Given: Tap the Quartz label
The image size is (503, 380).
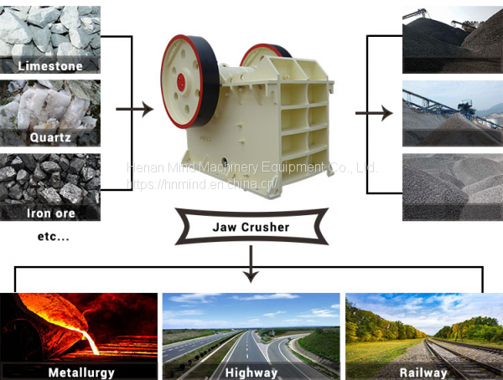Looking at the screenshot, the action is pos(49,137).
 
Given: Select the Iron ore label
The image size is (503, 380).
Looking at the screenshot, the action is pos(49,213).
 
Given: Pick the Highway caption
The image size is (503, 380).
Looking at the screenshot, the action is pos(251,371).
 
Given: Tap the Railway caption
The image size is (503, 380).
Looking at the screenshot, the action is pos(423,371).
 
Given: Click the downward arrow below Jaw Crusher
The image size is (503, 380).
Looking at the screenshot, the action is pos(251,267).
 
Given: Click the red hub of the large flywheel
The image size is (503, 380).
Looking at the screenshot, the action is pos(181,80).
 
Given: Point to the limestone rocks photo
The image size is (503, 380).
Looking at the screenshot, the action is pos(49,29).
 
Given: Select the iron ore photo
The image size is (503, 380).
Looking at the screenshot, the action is pos(49,177).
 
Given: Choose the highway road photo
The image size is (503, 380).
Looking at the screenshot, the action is pos(251,326).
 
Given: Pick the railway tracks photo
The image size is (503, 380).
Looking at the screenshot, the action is pos(423,326).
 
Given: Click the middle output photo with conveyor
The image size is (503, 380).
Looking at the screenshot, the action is pos(453,113).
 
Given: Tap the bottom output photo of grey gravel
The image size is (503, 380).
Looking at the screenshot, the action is pos(453,187).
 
